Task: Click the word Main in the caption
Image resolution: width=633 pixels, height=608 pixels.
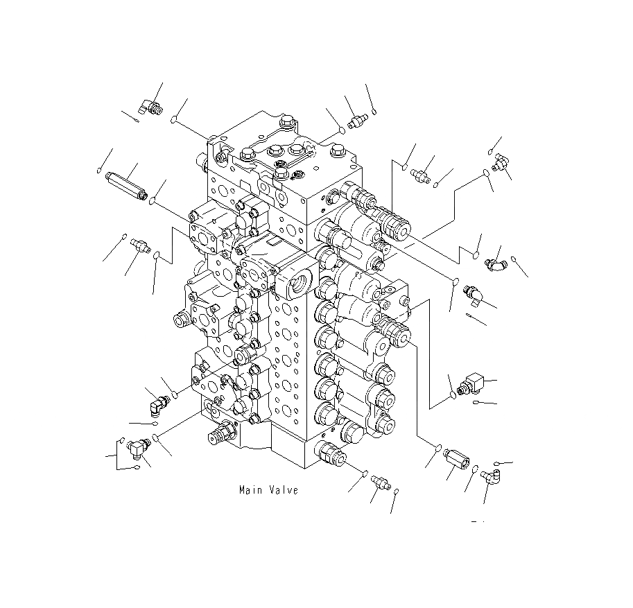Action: coord(250,490)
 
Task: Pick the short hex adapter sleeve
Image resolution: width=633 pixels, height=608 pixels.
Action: coord(456,460)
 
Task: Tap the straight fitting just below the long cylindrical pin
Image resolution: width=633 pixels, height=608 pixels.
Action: coord(139,245)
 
